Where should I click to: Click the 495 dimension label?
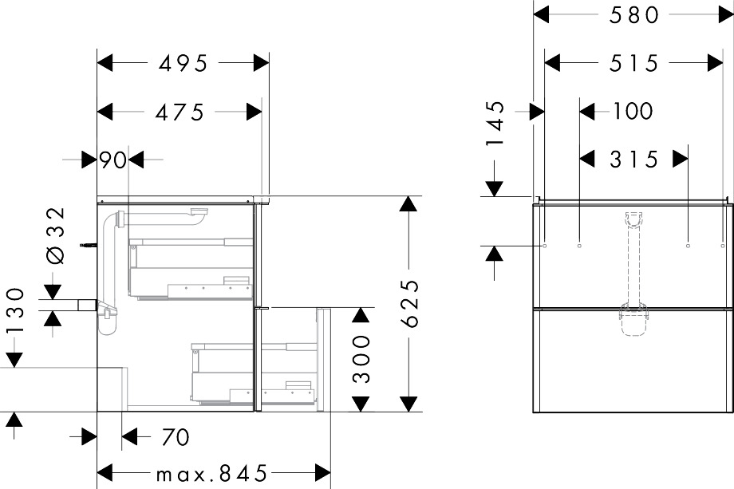click(183, 63)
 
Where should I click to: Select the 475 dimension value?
click(180, 112)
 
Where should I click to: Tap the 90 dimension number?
click(112, 160)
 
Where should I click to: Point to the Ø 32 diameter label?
click(56, 235)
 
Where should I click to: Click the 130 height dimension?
click(15, 310)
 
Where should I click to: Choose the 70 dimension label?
click(175, 437)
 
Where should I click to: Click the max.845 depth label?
click(211, 474)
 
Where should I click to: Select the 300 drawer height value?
click(361, 358)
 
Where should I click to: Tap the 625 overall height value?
click(409, 303)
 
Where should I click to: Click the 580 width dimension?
click(633, 15)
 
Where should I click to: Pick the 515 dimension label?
click(633, 63)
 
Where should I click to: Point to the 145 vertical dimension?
click(495, 123)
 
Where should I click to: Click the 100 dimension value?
click(633, 112)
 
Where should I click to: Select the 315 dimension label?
click(633, 160)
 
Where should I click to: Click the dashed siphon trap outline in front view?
click(633, 320)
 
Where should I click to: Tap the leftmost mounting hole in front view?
click(545, 245)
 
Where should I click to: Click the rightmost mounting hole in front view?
click(722, 245)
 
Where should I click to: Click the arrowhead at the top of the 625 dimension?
click(408, 204)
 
